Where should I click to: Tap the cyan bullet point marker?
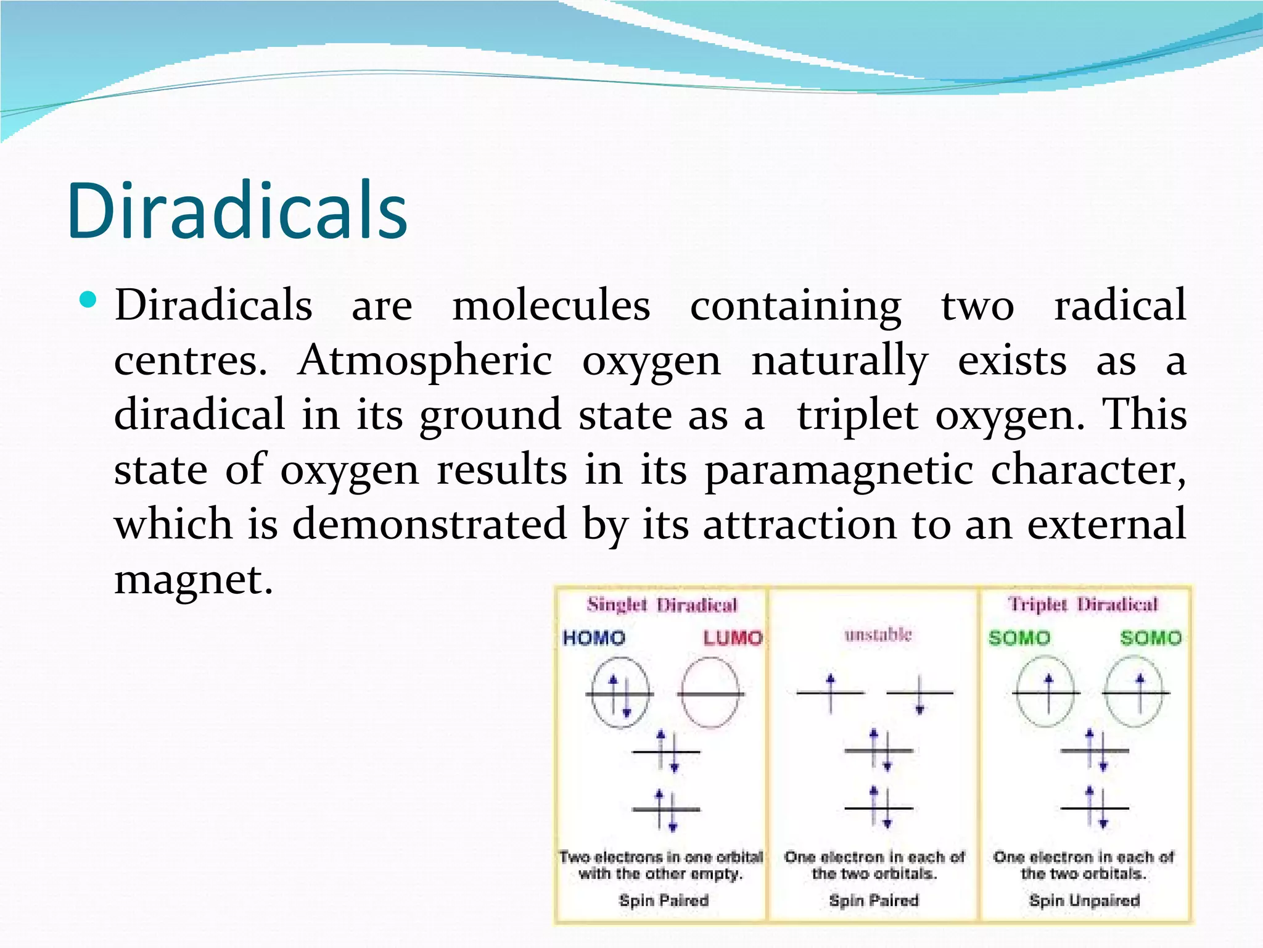pos(88,301)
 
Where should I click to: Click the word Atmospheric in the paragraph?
pos(425,360)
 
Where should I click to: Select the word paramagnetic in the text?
pos(839,471)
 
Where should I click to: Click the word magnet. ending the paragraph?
pos(193,580)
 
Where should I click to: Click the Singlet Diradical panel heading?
pos(662,605)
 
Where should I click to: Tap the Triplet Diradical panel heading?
pos(1084,604)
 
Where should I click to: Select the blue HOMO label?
pos(594,638)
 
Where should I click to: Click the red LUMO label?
pos(733,638)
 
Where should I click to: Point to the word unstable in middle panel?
pos(878,634)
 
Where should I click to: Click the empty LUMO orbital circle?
pos(710,693)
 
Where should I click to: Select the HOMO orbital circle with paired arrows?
pos(620,693)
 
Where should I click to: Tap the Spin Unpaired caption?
pos(1084,900)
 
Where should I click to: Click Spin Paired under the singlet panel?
pos(664,900)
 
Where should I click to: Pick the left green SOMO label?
pos(1019,638)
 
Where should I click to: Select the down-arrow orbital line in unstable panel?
pos(919,693)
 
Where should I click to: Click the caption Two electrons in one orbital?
pos(661,857)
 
